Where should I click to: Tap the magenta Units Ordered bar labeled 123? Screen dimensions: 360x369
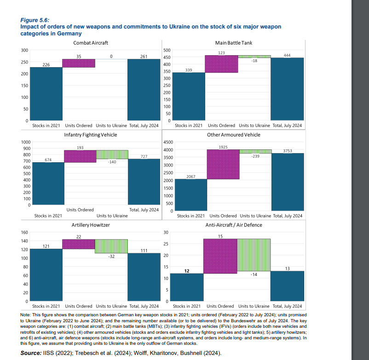pos(221,64)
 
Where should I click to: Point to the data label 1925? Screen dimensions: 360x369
pos(223,146)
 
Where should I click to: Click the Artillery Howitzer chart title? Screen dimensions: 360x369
pos(91,225)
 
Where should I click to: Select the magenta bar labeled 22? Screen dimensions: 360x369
pos(79,244)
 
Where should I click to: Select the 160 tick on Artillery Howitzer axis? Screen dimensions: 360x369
pos(24,233)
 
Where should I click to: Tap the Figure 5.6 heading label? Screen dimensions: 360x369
pos(35,20)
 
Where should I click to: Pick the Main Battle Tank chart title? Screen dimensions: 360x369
pos(233,43)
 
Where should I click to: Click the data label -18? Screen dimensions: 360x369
pos(254,61)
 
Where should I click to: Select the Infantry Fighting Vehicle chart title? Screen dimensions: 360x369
pos(90,135)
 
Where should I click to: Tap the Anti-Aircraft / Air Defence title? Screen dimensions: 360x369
pos(233,225)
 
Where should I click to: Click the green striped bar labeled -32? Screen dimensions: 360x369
pos(111,246)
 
